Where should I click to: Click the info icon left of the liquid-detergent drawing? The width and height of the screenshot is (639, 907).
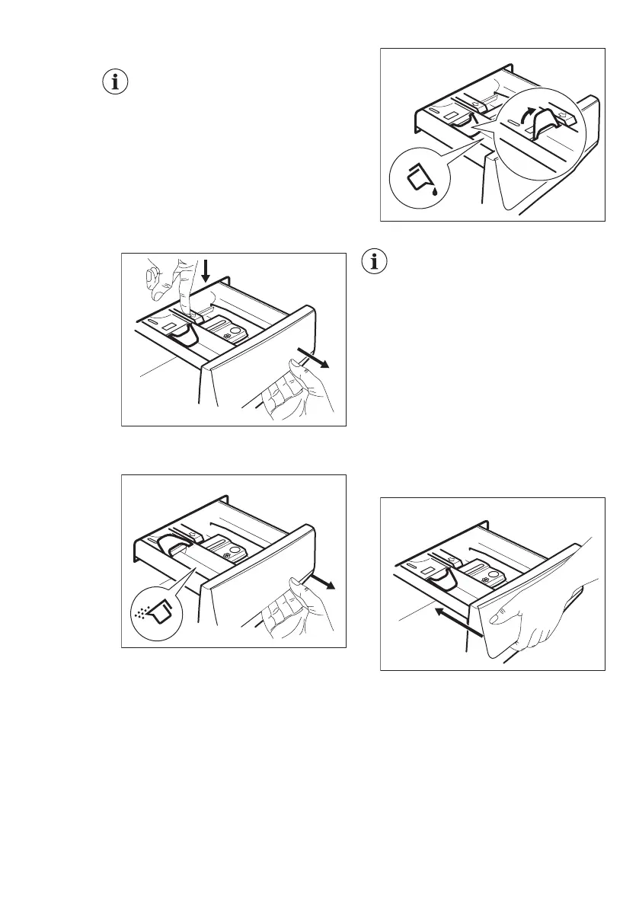coord(115,83)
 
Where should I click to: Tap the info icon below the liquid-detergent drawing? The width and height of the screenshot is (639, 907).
coord(374,262)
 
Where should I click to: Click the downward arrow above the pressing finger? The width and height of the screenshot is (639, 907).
coord(205,271)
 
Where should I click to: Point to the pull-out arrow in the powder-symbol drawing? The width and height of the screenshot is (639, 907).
coord(319,584)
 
